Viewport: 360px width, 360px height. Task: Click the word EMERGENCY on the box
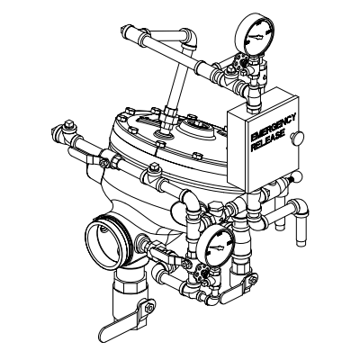274,127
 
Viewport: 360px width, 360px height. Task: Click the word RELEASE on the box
267,141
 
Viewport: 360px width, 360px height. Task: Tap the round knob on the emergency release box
297,138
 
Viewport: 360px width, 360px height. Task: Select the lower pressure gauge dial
216,247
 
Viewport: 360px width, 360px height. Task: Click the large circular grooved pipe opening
107,241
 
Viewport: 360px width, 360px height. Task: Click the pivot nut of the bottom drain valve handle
149,307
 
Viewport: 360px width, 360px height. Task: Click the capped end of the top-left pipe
124,31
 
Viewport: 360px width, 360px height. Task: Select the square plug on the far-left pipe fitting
68,124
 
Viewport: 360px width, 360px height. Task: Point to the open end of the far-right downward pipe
301,243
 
